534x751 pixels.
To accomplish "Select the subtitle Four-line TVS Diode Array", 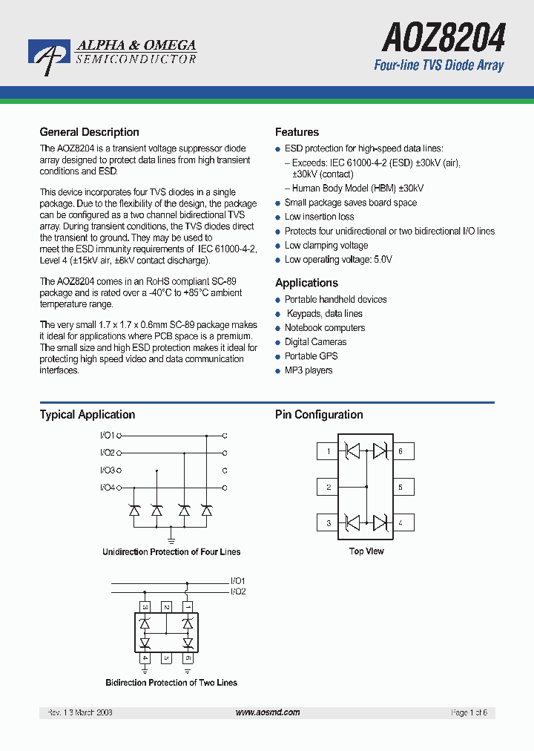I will click(438, 66).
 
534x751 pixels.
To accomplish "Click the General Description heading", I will click(89, 132).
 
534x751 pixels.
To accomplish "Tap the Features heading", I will click(297, 132).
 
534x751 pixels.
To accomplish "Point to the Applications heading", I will click(306, 283).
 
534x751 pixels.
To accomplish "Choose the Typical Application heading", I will click(87, 415).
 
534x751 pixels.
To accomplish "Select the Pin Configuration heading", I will click(319, 415).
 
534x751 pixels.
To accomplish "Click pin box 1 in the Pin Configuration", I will click(328, 451).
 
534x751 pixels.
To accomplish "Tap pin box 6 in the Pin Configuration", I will click(400, 451).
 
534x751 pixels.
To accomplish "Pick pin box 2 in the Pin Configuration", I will click(328, 488).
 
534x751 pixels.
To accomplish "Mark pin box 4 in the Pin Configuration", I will click(400, 522).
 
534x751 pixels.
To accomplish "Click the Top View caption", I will click(366, 551).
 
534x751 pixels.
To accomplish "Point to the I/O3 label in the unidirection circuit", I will click(107, 470).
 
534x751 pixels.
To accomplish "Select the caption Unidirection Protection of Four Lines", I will click(171, 552).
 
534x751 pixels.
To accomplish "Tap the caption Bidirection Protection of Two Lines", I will click(171, 683).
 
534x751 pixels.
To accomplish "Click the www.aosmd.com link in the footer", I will click(268, 712).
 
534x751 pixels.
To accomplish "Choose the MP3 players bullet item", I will click(309, 370).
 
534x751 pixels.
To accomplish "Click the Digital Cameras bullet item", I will click(315, 342).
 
